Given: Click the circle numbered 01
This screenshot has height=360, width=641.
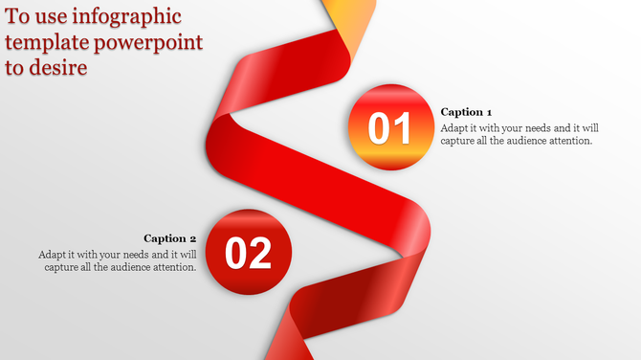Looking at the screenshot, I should tap(388, 126).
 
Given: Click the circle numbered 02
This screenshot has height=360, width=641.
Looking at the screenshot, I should tap(249, 251).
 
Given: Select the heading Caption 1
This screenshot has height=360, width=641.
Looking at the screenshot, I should tap(467, 112).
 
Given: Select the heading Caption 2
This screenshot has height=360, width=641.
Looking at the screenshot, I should tap(170, 238).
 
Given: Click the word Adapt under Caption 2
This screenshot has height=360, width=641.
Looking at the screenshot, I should tap(54, 255).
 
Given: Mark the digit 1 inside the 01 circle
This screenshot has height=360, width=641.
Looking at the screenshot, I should tap(402, 127).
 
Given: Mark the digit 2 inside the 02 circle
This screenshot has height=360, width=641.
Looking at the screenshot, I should tap(260, 253).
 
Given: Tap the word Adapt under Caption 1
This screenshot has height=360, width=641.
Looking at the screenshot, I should tap(455, 126).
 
